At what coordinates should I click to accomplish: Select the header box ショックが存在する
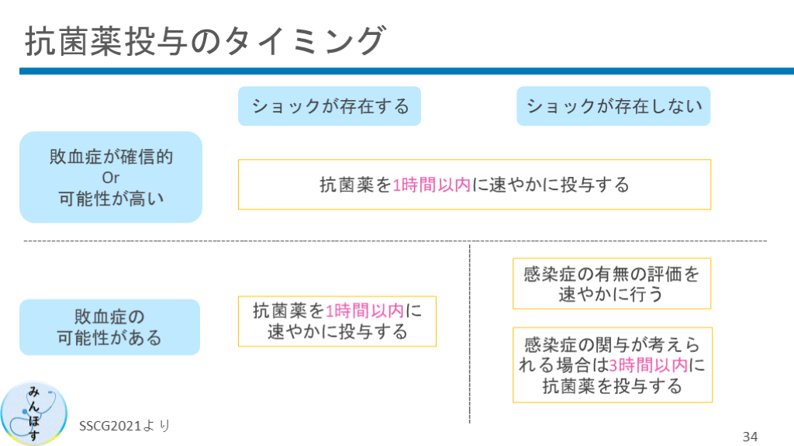tap(329, 106)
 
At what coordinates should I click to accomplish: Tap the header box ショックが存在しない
tap(613, 106)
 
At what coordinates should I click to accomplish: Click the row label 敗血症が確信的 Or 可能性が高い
tap(111, 177)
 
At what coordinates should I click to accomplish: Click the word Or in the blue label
tap(111, 177)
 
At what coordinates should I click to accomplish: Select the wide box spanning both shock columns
tap(474, 185)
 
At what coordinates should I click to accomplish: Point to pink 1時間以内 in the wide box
tap(432, 185)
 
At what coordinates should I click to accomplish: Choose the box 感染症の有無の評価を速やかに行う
tap(612, 284)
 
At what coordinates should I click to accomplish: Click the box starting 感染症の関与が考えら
tap(612, 365)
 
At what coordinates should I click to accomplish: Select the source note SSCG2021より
tap(124, 426)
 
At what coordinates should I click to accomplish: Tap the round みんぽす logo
tap(33, 413)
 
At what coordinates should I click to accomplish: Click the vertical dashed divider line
tap(470, 334)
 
